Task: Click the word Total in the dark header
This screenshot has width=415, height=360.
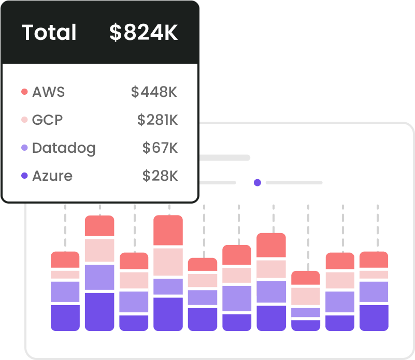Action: click(49, 33)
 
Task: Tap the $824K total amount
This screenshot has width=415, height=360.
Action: click(144, 33)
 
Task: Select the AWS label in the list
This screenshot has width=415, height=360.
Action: click(48, 92)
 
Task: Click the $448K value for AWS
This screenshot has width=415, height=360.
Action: click(154, 92)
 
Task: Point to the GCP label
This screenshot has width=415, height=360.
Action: click(47, 120)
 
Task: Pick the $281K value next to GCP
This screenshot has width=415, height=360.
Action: click(158, 120)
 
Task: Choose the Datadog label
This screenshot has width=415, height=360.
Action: click(64, 148)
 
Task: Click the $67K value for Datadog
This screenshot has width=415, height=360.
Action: click(160, 148)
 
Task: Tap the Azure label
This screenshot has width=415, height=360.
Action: click(52, 176)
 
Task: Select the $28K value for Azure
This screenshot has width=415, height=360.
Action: click(160, 176)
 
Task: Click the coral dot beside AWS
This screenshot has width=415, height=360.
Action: click(24, 92)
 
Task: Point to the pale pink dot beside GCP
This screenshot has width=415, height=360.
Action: click(24, 120)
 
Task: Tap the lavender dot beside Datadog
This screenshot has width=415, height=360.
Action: click(24, 148)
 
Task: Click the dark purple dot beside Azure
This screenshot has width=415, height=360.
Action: click(24, 176)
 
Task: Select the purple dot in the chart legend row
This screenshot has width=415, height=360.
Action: click(257, 182)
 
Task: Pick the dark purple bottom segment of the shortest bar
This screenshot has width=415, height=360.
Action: click(306, 325)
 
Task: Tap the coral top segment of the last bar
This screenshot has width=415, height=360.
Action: click(374, 260)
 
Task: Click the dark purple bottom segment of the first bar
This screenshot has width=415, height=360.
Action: click(65, 318)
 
